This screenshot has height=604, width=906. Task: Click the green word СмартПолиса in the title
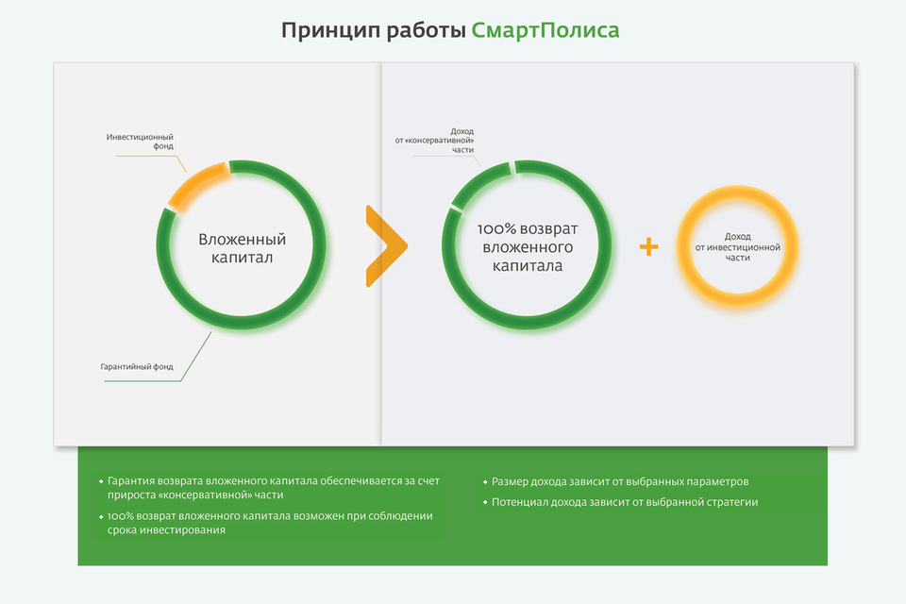pos(545,30)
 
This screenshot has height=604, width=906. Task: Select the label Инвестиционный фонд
pos(140,142)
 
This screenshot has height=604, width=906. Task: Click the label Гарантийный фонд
pos(137,366)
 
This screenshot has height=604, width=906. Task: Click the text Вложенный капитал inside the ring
pos(243,248)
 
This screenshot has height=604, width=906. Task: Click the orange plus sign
pos(649,247)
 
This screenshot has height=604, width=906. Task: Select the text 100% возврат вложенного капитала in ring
pos(528,247)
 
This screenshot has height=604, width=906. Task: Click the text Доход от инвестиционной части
pos(738,247)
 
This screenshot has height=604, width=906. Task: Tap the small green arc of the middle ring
pos(479,182)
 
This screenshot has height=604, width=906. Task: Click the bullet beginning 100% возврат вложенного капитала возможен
pos(266,523)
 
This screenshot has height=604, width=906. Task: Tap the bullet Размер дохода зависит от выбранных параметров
pos(616,481)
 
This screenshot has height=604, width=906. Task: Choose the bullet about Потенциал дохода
pos(621,502)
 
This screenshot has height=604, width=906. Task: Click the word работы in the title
pos(426,30)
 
